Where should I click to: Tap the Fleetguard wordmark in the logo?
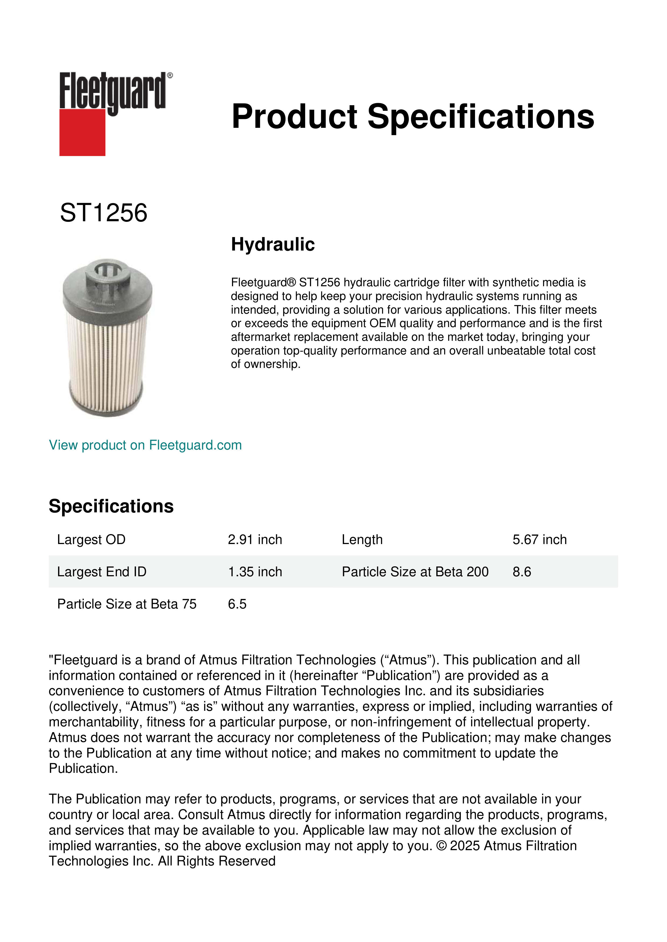pyautogui.click(x=113, y=90)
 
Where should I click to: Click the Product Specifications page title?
pyautogui.click(x=413, y=117)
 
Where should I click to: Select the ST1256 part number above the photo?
pyautogui.click(x=104, y=213)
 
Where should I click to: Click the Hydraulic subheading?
pyautogui.click(x=273, y=245)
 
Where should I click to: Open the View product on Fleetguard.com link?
pyautogui.click(x=145, y=445)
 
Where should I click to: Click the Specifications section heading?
pyautogui.click(x=111, y=506)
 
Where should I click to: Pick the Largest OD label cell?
pyautogui.click(x=91, y=539)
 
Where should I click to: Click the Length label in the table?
pyautogui.click(x=362, y=539)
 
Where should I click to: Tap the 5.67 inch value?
pyautogui.click(x=539, y=539)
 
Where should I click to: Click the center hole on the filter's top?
pyautogui.click(x=108, y=270)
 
